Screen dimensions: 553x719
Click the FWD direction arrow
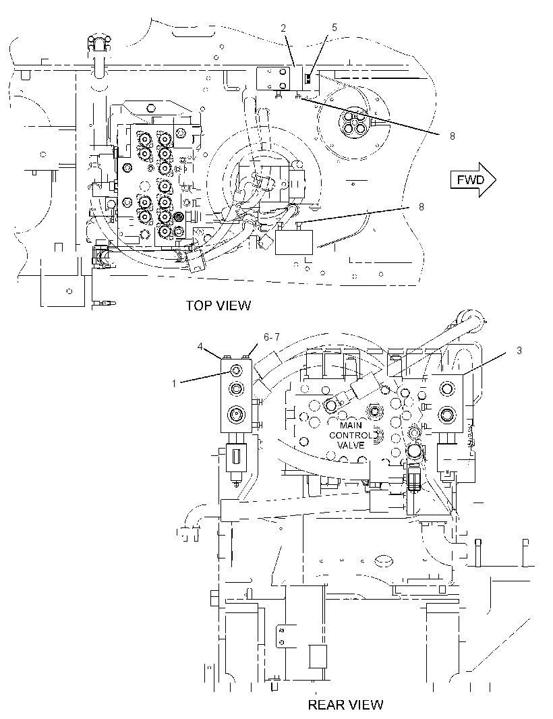pos(473,179)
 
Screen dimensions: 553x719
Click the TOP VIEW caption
pos(219,306)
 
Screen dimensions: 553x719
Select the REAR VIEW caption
pos(345,704)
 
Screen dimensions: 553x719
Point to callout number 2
pos(283,28)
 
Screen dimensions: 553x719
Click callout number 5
pos(334,28)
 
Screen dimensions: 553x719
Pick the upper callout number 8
pos(452,136)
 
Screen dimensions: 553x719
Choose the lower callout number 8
pos(421,207)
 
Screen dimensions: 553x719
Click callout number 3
pos(519,351)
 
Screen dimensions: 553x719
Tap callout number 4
pos(200,346)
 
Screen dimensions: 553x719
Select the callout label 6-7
pos(272,337)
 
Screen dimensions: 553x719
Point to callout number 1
pos(174,383)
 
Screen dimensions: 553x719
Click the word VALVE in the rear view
pos(351,445)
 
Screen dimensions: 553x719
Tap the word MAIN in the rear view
pos(351,425)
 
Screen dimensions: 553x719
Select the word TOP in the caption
pos(197,306)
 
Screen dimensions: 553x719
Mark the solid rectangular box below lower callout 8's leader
pos(294,242)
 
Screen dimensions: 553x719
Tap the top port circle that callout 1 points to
pos(237,370)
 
